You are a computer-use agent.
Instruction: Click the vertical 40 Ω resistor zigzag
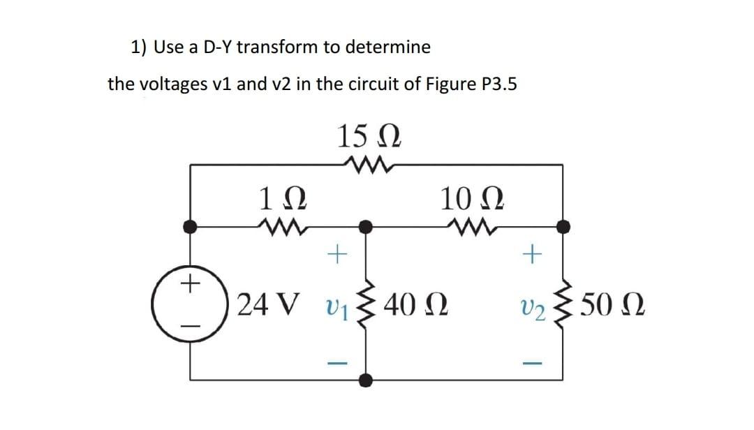[366, 305]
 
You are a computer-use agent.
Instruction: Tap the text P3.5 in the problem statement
[493, 84]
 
